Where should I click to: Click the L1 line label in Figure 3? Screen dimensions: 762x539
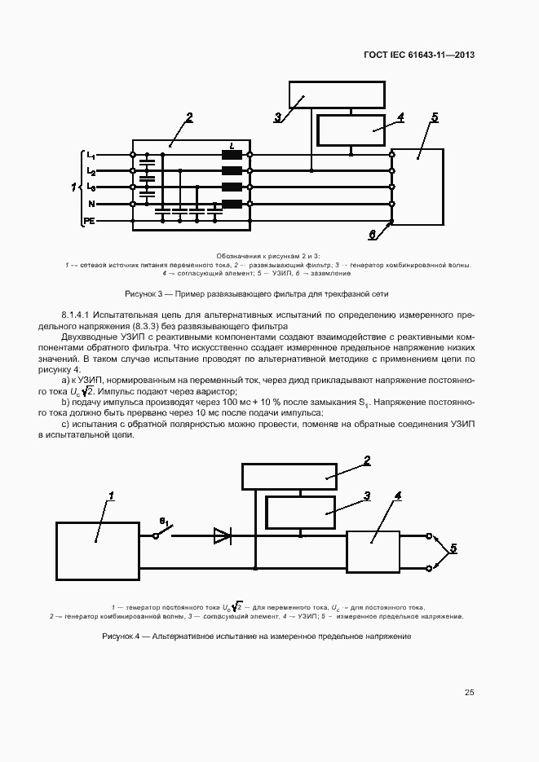click(91, 155)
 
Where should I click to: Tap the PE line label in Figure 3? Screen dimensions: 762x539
click(90, 221)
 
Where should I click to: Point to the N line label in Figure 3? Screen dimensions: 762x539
click(91, 204)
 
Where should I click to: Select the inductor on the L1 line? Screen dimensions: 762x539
click(232, 155)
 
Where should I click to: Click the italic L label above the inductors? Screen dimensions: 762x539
click(232, 145)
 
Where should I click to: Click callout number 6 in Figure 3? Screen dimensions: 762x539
click(372, 235)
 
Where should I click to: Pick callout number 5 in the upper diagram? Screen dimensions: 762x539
click(435, 118)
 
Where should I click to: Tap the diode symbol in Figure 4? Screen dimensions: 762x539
click(222, 535)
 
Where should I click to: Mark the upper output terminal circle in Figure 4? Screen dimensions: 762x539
click(431, 535)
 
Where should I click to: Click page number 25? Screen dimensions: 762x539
click(469, 693)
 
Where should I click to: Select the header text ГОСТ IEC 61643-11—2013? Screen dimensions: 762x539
click(418, 55)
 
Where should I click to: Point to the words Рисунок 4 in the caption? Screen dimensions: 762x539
click(121, 636)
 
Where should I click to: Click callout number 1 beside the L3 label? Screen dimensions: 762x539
click(74, 187)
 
